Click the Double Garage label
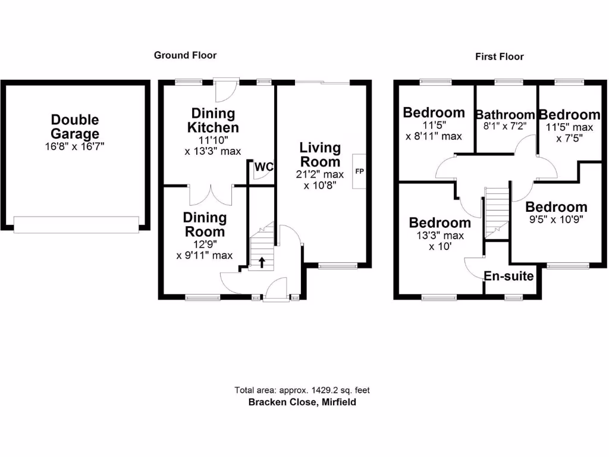pyautogui.click(x=74, y=127)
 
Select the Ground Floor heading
pyautogui.click(x=185, y=55)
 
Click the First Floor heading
pyautogui.click(x=499, y=57)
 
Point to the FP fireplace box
pyautogui.click(x=359, y=171)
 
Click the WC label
pyautogui.click(x=263, y=168)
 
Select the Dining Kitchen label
pyautogui.click(x=213, y=120)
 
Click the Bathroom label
pyautogui.click(x=505, y=115)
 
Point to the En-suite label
pyautogui.click(x=508, y=276)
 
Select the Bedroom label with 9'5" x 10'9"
pyautogui.click(x=556, y=207)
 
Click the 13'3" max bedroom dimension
pyautogui.click(x=440, y=235)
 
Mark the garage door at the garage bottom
pyautogui.click(x=76, y=224)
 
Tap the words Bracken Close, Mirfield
pyautogui.click(x=302, y=402)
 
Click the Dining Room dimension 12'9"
pyautogui.click(x=204, y=244)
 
